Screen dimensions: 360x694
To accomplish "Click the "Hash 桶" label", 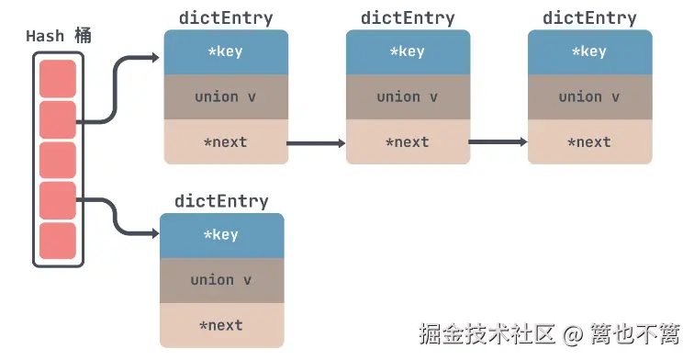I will [59, 37].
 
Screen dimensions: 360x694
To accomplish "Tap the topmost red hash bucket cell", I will [58, 78].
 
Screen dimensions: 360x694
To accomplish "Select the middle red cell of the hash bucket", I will [58, 160].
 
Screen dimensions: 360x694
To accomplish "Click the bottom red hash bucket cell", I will [58, 241].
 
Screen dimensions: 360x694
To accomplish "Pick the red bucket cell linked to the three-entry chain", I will [58, 119].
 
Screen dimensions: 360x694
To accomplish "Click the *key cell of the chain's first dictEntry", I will [226, 51].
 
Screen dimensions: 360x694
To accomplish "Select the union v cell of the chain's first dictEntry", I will [226, 96].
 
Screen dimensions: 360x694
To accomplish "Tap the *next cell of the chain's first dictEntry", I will [226, 142].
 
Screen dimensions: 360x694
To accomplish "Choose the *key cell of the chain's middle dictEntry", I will [408, 51].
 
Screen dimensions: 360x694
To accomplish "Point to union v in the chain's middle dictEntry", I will [408, 96].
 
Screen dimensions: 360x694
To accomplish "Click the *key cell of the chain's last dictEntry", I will [589, 51].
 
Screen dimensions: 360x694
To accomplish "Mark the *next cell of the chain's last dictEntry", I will [589, 142].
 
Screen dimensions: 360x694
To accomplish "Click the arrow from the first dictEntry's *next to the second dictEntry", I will [317, 143].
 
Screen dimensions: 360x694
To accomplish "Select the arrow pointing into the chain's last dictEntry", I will [498, 142].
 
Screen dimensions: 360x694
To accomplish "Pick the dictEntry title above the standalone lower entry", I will [221, 201].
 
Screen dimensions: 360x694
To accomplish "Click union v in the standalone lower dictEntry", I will [221, 280].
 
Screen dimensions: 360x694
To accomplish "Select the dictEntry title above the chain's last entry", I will [589, 18].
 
